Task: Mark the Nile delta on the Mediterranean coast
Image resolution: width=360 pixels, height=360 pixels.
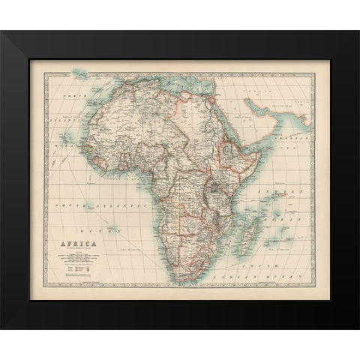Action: tap(209, 97)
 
